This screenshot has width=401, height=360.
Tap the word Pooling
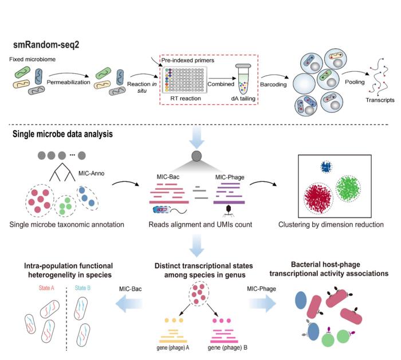(x=354, y=81)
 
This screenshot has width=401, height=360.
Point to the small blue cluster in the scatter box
(x=326, y=167)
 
